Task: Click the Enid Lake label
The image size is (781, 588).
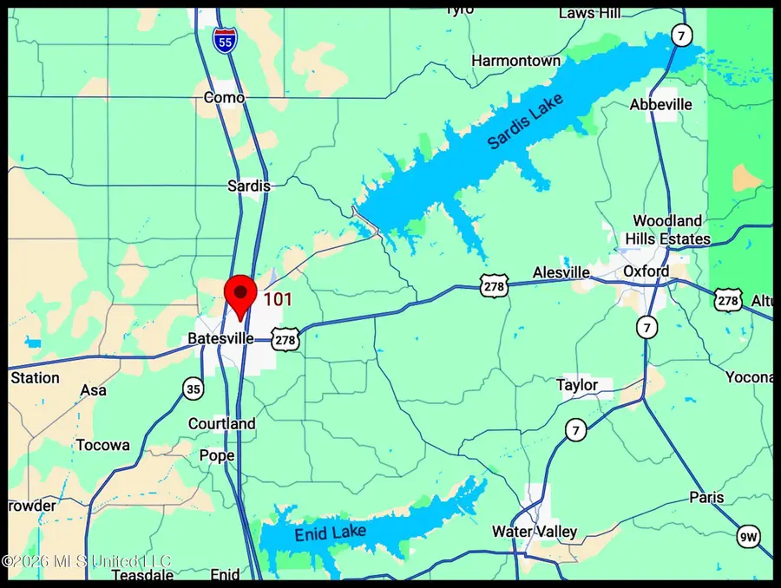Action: pos(331,532)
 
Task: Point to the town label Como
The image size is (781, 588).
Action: pos(224,97)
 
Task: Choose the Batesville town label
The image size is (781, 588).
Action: pos(221,338)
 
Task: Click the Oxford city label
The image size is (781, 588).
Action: pos(646,271)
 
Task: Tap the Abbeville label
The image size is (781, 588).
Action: pos(661,104)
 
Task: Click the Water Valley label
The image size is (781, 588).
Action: pos(530,531)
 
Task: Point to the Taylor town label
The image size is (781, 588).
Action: pos(577,384)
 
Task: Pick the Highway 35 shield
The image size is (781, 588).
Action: pos(194,389)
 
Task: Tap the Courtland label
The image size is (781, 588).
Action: pos(222,423)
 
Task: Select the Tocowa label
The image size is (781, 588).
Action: pos(103,445)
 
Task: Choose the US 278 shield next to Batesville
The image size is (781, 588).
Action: pos(285,339)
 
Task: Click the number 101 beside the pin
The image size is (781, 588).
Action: pos(278,300)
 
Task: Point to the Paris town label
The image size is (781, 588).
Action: pos(706,498)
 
